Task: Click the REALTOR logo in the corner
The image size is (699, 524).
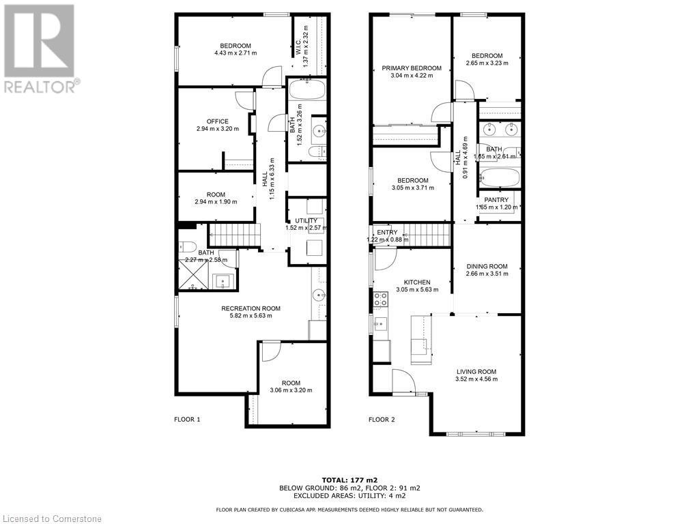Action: (x=40, y=48)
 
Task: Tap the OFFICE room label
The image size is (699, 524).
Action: (x=217, y=121)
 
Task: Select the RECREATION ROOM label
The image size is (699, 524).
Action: (x=251, y=308)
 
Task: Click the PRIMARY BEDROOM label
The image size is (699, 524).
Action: (x=411, y=68)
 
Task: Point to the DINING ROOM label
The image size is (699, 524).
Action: (x=487, y=267)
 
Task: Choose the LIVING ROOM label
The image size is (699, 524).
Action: (x=476, y=372)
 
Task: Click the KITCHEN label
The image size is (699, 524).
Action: (x=416, y=282)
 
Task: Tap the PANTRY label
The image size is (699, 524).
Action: (x=496, y=200)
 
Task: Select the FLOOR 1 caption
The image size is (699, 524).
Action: (x=187, y=420)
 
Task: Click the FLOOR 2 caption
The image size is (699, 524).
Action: (x=382, y=420)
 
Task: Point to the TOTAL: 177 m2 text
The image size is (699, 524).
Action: (x=349, y=480)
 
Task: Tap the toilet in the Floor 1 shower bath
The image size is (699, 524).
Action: (x=188, y=246)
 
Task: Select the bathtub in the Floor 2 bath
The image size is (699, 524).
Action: (x=500, y=178)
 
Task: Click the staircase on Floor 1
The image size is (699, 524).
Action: (x=233, y=236)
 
